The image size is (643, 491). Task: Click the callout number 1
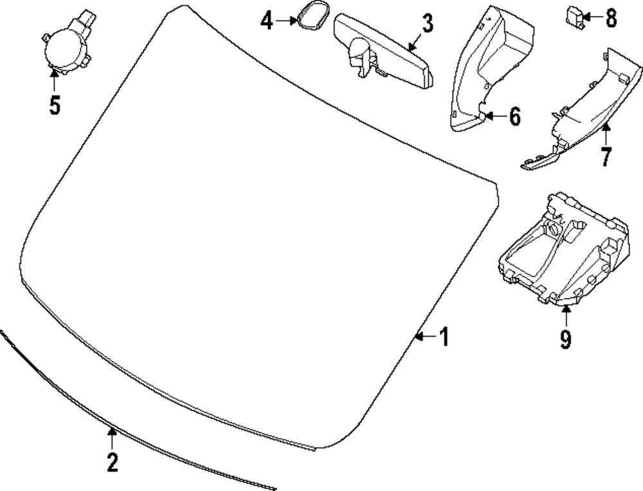444,337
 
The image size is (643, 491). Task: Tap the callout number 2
112,462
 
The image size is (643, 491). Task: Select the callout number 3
426,24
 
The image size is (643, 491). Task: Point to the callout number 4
267,21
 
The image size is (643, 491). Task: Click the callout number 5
55,104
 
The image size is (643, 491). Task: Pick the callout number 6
514,116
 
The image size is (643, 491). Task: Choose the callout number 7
605,156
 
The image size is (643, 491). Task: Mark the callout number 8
610,18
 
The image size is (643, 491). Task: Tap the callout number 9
565,339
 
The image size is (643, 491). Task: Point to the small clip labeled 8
574,15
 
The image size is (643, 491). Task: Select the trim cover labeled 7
585,109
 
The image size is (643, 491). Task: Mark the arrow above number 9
565,317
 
